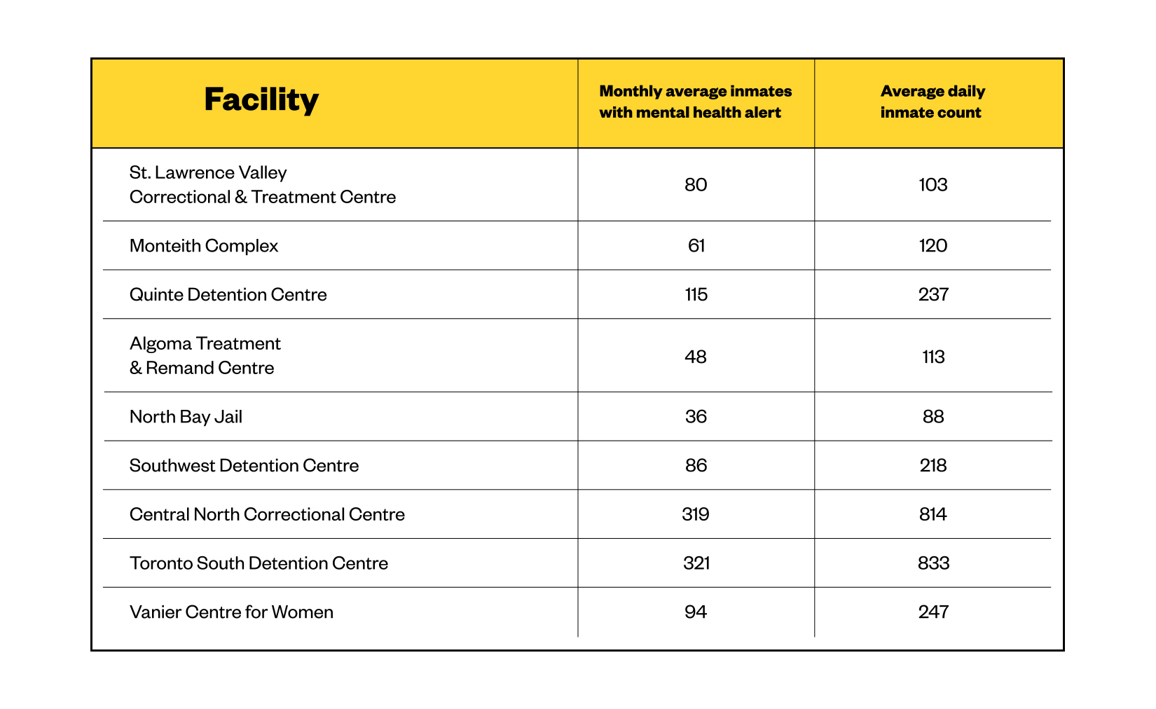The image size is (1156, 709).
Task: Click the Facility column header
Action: [261, 99]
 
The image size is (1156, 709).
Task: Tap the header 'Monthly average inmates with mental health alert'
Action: [695, 102]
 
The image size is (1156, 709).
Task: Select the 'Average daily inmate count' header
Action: [933, 102]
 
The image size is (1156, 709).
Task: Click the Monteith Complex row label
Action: [203, 246]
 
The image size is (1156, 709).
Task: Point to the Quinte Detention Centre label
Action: [228, 294]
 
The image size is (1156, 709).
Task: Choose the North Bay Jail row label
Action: [186, 417]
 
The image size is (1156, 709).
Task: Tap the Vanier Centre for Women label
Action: [231, 612]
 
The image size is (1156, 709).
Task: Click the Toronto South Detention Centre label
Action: [259, 563]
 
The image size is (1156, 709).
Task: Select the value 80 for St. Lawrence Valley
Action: [696, 185]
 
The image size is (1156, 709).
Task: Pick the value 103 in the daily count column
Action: [933, 185]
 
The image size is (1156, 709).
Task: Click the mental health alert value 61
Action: [696, 246]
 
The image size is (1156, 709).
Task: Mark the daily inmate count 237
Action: [933, 294]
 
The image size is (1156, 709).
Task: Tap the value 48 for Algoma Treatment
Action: [696, 357]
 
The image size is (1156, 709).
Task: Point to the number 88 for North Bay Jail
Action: [933, 416]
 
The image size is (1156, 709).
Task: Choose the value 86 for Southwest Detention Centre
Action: [696, 465]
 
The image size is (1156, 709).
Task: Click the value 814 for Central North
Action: [933, 514]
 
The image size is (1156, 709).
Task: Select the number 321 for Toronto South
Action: [696, 563]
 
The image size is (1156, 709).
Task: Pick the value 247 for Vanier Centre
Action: [933, 612]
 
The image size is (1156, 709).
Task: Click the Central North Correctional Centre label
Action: [267, 514]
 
